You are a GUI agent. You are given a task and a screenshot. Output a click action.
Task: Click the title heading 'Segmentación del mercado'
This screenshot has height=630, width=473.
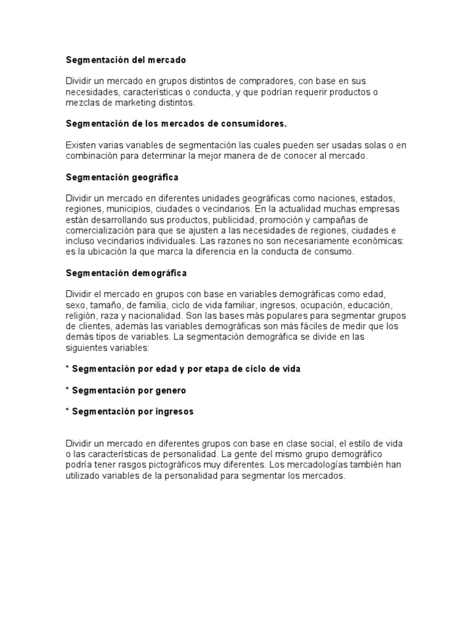tap(126, 60)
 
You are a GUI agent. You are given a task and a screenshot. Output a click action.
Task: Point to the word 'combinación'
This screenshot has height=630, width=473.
tap(91, 156)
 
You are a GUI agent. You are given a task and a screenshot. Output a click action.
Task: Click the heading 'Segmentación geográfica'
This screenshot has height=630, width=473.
tap(122, 177)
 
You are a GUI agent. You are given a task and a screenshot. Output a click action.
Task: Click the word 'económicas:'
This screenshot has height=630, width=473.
tap(376, 241)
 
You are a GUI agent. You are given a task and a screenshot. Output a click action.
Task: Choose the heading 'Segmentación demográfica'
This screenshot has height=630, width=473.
tap(126, 273)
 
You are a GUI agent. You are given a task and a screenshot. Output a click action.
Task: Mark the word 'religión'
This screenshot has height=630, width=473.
tap(81, 315)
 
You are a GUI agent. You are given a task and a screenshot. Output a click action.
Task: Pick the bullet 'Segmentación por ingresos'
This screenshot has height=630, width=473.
tap(132, 412)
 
